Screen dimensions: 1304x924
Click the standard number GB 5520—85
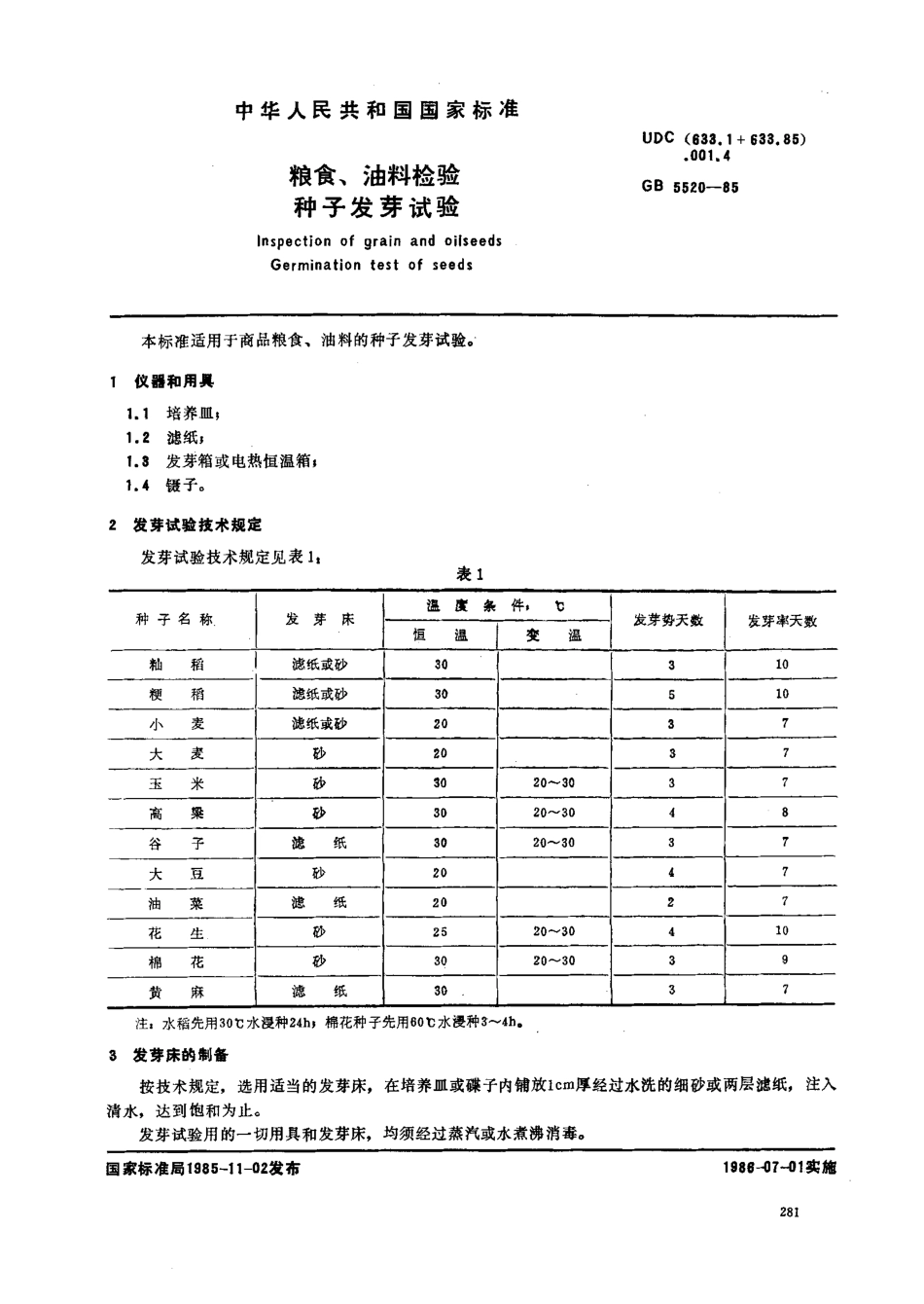tap(690, 187)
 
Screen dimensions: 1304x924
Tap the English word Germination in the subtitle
tap(315, 265)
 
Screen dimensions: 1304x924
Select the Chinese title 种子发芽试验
tap(375, 207)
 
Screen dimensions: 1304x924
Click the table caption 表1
tap(470, 574)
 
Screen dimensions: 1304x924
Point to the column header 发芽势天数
tap(668, 620)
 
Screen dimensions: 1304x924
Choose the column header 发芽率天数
tap(782, 621)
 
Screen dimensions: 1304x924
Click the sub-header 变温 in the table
tap(553, 635)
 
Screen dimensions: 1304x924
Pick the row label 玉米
tap(176, 783)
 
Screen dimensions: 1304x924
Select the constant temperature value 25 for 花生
tap(440, 931)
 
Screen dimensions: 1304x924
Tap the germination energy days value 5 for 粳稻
tap(671, 695)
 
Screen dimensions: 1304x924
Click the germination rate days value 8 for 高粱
tap(784, 812)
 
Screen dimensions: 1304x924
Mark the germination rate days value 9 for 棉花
tap(784, 960)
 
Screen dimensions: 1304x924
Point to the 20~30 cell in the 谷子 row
tap(553, 843)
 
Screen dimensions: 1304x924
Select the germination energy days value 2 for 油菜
tap(671, 902)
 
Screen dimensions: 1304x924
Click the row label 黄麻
tap(176, 992)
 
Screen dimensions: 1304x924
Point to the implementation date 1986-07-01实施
tap(780, 1168)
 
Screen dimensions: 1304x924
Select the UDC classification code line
tap(724, 139)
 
